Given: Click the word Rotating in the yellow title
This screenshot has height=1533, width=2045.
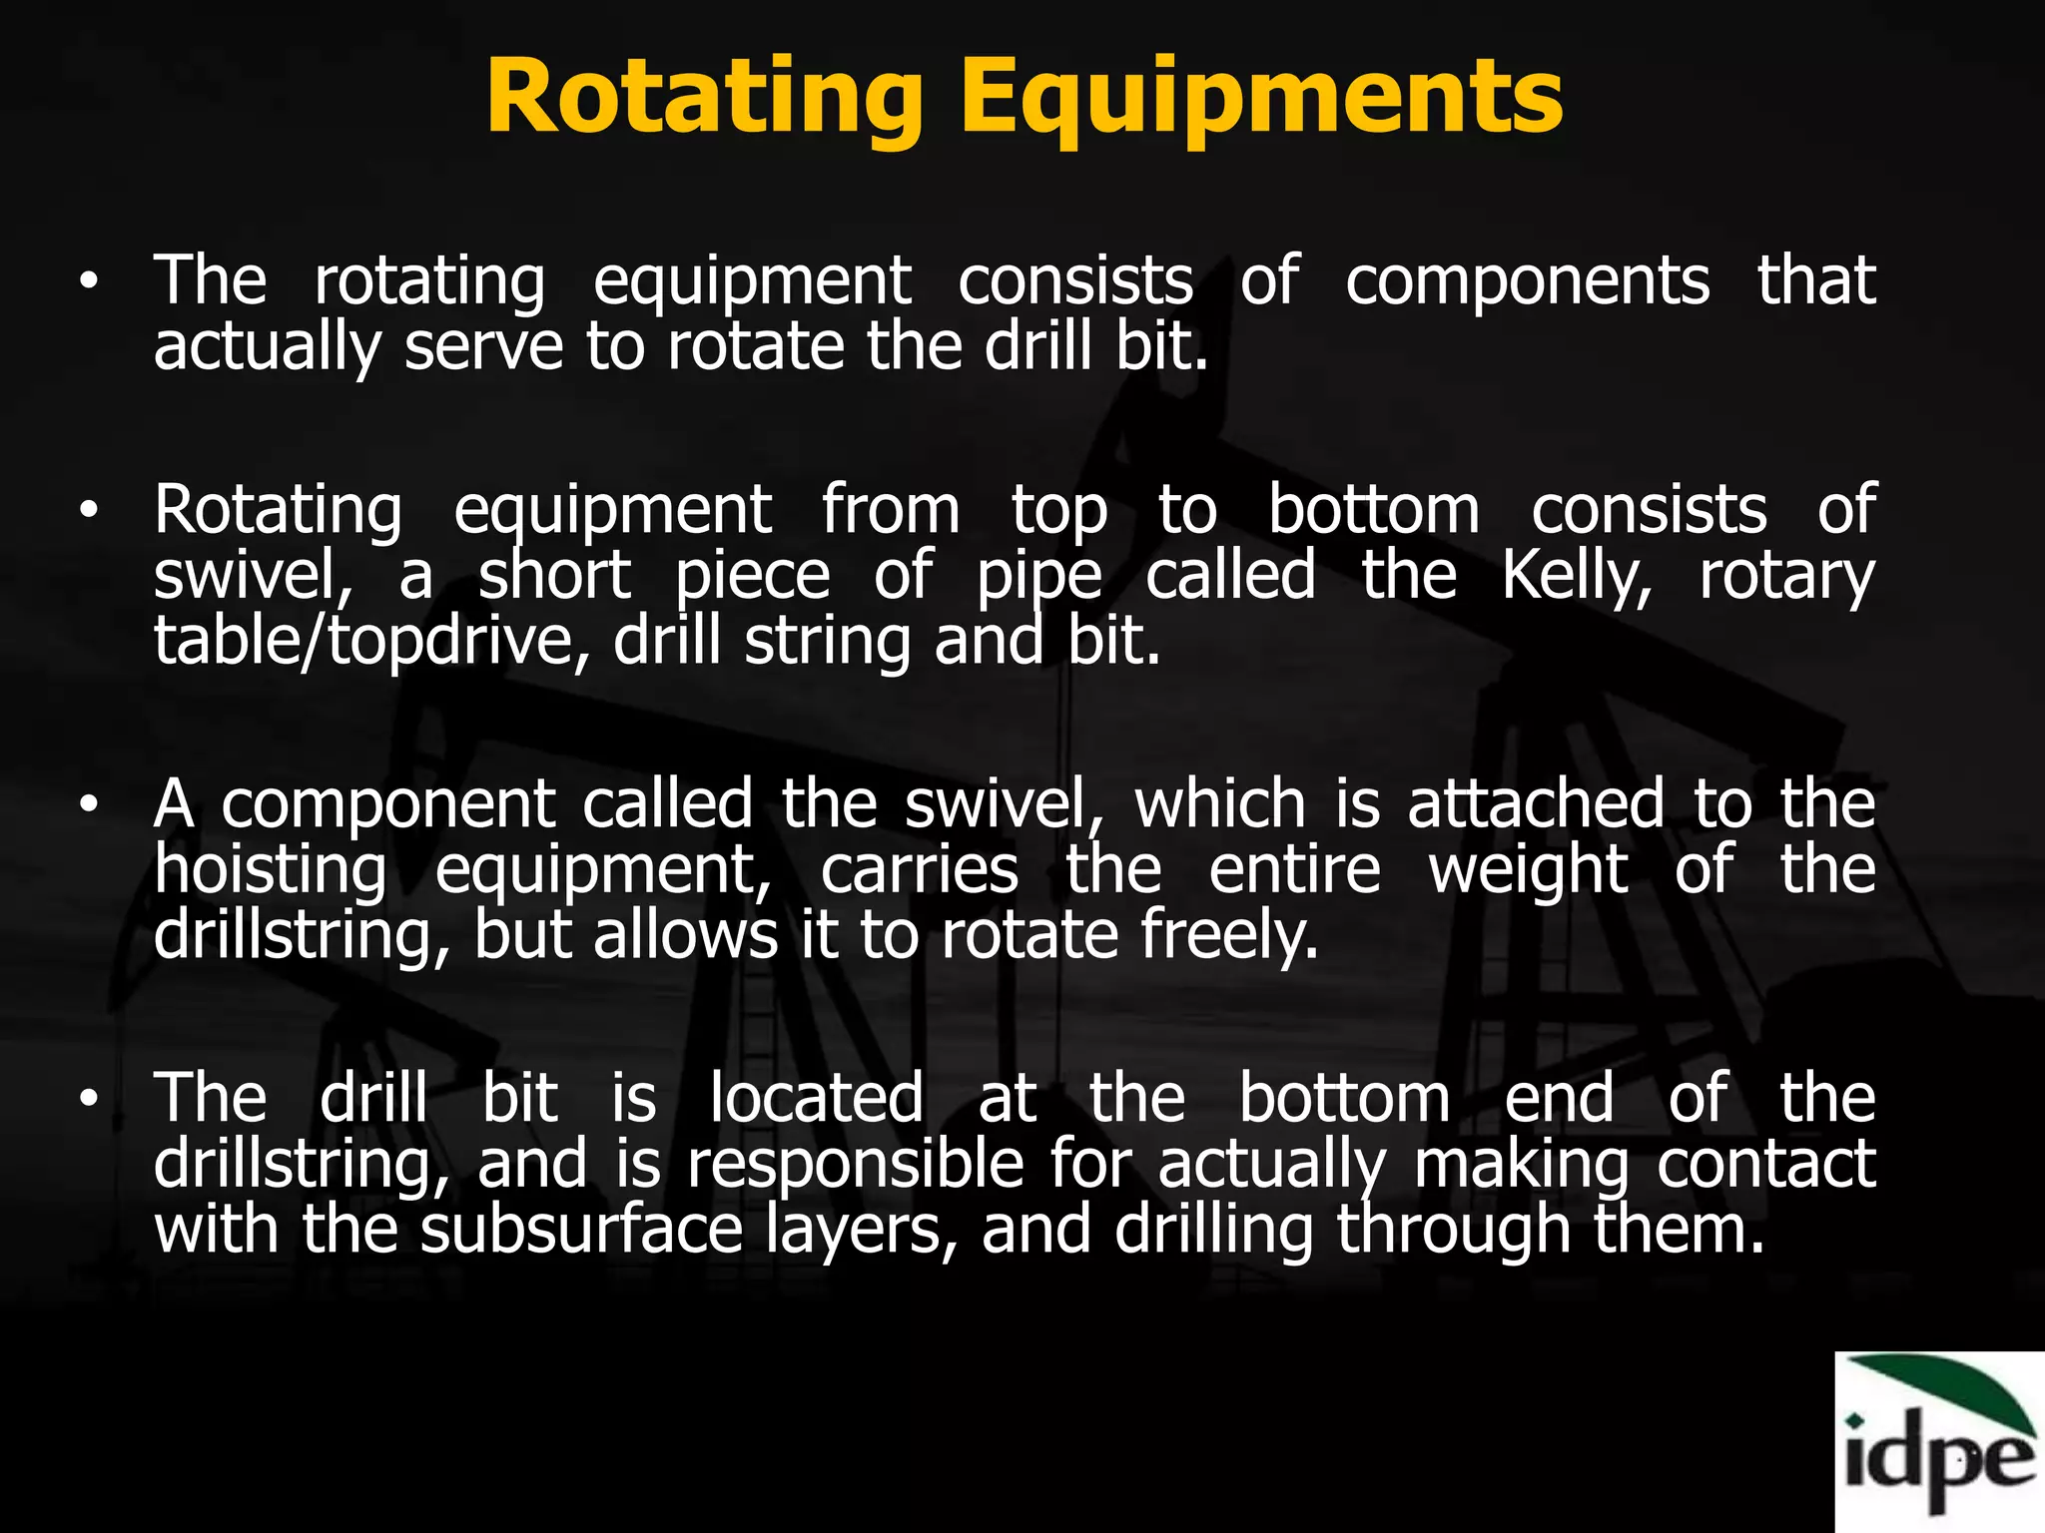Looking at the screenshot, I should click(704, 98).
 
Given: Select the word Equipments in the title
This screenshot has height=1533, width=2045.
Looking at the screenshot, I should click(1261, 98).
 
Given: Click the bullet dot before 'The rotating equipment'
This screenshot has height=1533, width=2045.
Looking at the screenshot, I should click(90, 282).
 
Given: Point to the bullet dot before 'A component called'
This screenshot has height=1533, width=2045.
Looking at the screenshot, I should click(90, 806).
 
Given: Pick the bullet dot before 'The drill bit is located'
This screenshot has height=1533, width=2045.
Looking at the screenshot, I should click(90, 1099).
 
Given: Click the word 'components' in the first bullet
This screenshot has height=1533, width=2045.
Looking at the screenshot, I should click(1527, 281).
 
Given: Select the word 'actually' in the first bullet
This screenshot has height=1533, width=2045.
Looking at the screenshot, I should click(267, 347).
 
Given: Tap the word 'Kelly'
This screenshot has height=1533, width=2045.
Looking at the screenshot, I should click(1576, 576).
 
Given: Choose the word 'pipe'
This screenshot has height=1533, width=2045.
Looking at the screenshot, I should click(1038, 576).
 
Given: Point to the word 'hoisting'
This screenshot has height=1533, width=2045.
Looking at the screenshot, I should click(270, 870).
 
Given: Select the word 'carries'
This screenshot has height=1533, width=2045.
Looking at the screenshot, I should click(919, 870).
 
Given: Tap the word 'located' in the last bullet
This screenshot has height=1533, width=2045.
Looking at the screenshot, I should click(816, 1099).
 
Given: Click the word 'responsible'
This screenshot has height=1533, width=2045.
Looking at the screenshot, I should click(855, 1164).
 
